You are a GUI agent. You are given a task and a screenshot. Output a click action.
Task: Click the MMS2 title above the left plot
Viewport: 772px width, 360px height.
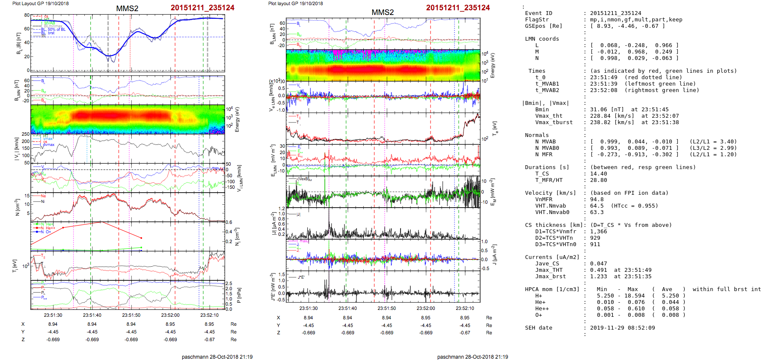(x=127, y=9)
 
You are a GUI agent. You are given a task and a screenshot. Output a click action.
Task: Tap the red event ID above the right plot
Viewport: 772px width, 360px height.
(x=457, y=8)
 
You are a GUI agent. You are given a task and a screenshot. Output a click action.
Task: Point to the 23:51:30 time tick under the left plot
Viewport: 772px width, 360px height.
(x=53, y=315)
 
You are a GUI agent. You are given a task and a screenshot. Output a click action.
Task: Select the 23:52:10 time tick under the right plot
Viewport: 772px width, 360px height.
(x=465, y=308)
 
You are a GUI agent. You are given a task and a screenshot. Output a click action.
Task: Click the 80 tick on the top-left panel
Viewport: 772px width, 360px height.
(x=27, y=15)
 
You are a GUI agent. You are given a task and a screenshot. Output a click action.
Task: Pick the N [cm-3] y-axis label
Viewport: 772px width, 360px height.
(x=17, y=207)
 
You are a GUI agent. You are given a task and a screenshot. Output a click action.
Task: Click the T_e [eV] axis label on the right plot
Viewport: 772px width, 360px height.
(x=495, y=128)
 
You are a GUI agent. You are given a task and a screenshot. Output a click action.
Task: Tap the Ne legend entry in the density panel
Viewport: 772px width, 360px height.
(x=43, y=196)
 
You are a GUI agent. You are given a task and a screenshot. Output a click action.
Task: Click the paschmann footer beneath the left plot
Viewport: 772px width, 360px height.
(x=217, y=357)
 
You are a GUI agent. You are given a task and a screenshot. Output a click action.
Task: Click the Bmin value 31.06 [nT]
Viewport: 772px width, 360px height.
(x=607, y=110)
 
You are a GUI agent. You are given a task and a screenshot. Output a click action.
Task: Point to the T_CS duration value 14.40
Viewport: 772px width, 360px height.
(x=598, y=174)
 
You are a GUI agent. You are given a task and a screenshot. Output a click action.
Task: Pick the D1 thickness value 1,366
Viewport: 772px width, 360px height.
(x=598, y=232)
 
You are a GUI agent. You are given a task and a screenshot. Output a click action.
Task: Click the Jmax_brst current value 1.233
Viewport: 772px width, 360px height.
(x=598, y=277)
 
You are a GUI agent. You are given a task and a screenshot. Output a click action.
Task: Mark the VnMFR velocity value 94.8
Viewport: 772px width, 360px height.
(x=597, y=199)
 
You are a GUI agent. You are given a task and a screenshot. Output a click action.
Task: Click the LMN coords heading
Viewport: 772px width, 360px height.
(x=542, y=39)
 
